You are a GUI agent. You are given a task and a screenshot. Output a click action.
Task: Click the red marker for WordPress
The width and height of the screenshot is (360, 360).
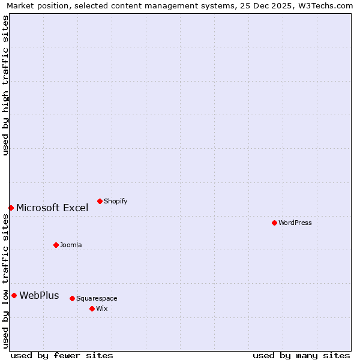[x=274, y=223]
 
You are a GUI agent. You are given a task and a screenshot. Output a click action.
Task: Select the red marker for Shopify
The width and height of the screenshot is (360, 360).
[x=100, y=201]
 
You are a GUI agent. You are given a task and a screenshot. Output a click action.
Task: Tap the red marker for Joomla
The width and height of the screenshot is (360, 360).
[x=56, y=245]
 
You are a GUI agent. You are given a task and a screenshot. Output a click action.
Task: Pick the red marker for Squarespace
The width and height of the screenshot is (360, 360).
[x=72, y=298]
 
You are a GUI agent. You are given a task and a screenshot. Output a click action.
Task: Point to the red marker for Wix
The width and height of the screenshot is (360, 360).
[x=92, y=308]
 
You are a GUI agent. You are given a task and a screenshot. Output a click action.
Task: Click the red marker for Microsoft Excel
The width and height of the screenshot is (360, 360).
[x=11, y=208]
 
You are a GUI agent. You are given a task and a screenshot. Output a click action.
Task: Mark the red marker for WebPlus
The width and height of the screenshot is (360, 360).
[x=14, y=295]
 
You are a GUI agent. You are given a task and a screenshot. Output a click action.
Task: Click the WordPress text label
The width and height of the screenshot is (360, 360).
[x=295, y=223]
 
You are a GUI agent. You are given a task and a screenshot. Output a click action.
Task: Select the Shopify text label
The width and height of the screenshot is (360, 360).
[x=115, y=201]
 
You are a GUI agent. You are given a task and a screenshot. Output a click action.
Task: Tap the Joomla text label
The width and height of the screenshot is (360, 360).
[x=71, y=245]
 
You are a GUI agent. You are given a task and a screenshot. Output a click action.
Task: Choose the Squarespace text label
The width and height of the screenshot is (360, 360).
[x=97, y=298]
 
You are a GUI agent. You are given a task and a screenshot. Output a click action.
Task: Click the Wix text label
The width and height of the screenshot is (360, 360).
[x=101, y=308]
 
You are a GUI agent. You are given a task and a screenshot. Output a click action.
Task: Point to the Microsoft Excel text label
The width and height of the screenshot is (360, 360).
[x=52, y=208]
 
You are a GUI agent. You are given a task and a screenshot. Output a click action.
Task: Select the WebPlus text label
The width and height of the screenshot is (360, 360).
[x=39, y=295]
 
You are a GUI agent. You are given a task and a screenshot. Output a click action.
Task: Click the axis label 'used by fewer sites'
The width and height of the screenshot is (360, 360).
[x=62, y=355]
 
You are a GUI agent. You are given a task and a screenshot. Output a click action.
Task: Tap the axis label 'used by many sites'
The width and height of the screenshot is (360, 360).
[x=301, y=355]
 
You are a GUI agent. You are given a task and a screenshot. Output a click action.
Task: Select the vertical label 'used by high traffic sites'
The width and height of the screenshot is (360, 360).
[x=5, y=85]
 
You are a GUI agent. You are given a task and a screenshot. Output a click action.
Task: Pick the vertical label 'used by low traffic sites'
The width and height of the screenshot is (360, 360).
[x=5, y=281]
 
